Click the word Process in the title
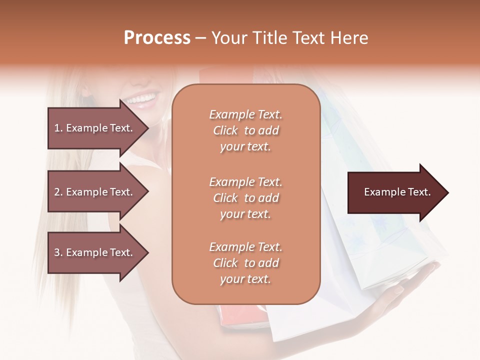point(157,38)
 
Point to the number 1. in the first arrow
point(58,128)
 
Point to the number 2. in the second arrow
point(58,192)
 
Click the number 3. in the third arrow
point(58,252)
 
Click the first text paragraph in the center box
point(245,130)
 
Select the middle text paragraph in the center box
point(245,198)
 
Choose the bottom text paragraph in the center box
point(245,263)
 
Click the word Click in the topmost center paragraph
point(225,130)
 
